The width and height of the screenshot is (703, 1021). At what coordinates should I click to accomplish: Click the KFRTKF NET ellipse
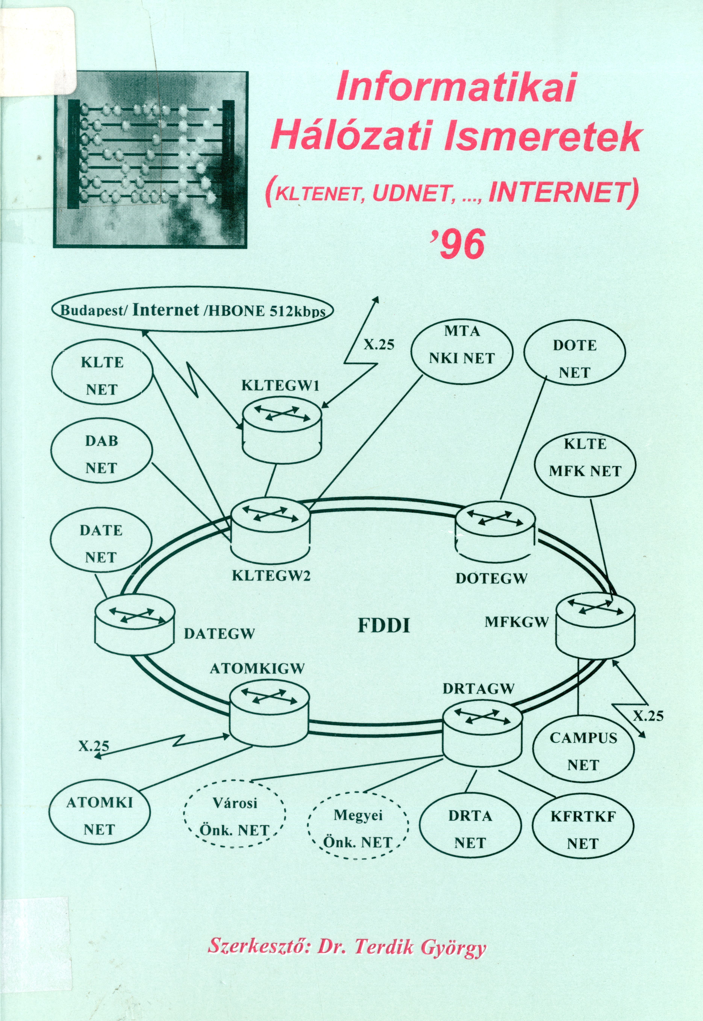(583, 830)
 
